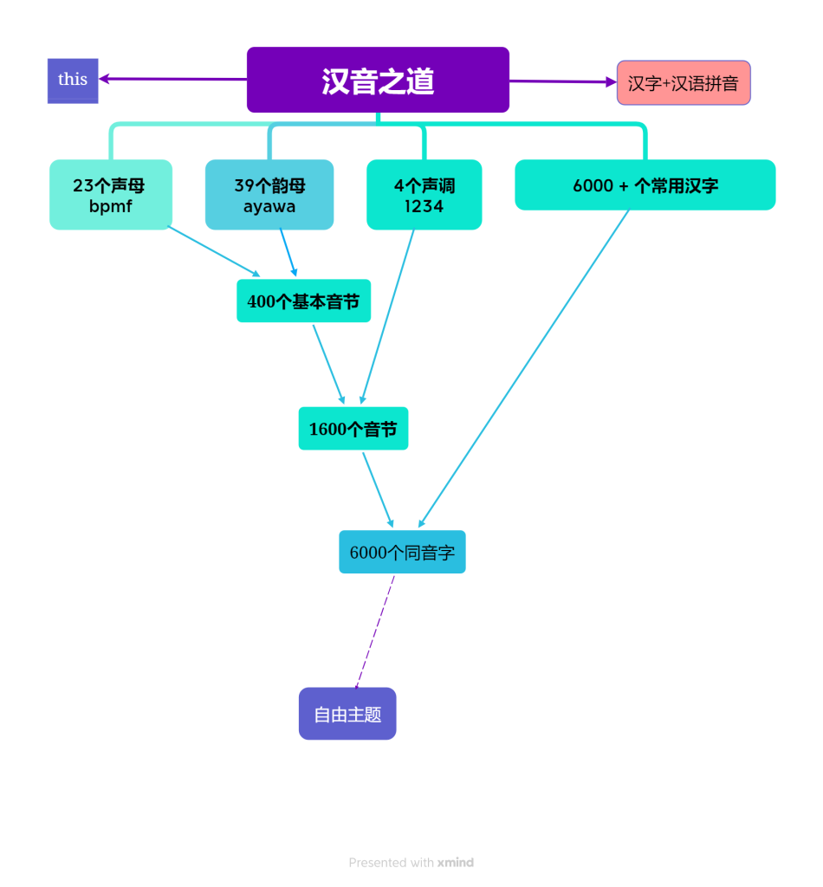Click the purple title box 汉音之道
click(378, 80)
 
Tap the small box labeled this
click(73, 80)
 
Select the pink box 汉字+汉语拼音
click(684, 83)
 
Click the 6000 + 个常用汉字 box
click(645, 185)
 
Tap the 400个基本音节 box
click(303, 301)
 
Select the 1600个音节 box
click(353, 429)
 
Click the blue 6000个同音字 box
click(402, 552)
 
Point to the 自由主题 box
click(347, 714)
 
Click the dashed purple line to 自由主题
click(375, 631)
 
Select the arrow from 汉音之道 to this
click(173, 79)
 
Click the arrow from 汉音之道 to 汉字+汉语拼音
click(563, 81)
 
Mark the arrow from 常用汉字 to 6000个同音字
click(524, 368)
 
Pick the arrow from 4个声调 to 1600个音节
click(387, 316)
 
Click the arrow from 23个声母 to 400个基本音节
click(213, 251)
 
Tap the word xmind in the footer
click(456, 863)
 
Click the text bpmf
click(110, 206)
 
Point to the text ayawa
click(269, 206)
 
